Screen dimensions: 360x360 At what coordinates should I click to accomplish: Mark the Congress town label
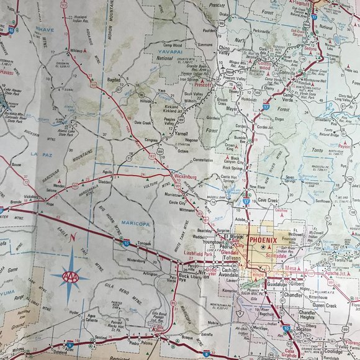pos(151,140)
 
